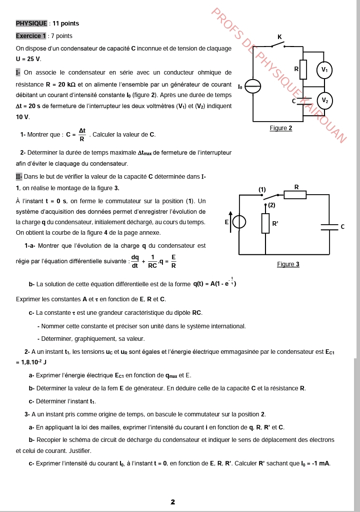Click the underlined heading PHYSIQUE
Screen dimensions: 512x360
coord(31,24)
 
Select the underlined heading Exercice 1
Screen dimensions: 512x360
coord(31,36)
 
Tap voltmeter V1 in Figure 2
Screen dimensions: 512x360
coord(325,70)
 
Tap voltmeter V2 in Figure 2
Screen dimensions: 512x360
coord(325,100)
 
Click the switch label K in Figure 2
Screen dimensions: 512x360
coord(279,37)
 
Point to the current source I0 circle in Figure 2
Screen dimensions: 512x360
coord(254,87)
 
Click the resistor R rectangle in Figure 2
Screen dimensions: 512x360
coord(303,69)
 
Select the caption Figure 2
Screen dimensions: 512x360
coord(280,128)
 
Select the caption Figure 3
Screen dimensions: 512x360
coord(288,264)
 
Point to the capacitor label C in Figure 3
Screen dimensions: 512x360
coord(342,227)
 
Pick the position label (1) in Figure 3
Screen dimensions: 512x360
coord(262,189)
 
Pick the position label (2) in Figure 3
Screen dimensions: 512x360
coord(271,205)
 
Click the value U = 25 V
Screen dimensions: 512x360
coord(28,59)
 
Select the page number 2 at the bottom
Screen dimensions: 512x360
coord(172,501)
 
